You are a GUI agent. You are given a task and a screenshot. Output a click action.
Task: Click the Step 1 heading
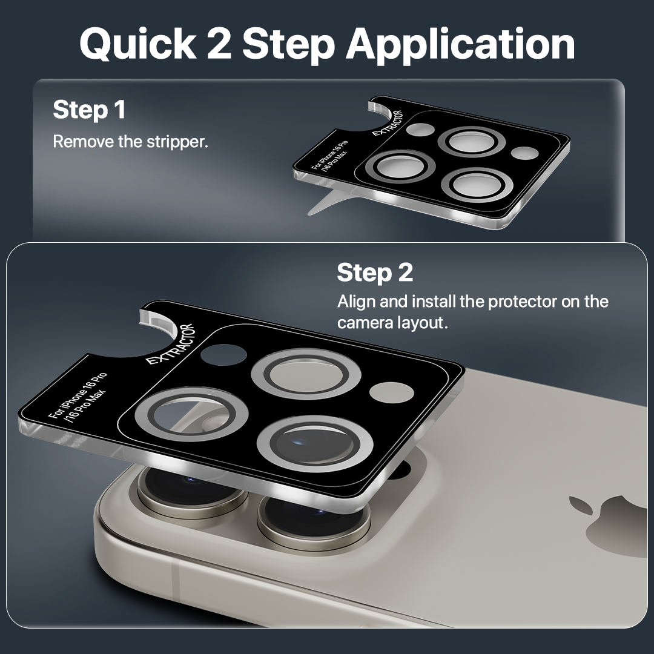[x=89, y=110]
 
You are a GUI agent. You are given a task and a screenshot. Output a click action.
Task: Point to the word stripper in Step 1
[x=177, y=142]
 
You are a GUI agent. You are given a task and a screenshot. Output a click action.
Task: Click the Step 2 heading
[x=375, y=272]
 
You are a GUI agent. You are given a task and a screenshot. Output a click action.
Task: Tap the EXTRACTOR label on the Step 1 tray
[x=388, y=123]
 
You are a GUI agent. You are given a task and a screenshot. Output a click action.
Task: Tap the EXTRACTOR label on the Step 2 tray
[x=171, y=345]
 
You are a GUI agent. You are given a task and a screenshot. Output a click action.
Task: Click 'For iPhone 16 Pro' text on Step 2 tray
[x=78, y=395]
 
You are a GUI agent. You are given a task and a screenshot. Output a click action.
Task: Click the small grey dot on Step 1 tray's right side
[x=524, y=153]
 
